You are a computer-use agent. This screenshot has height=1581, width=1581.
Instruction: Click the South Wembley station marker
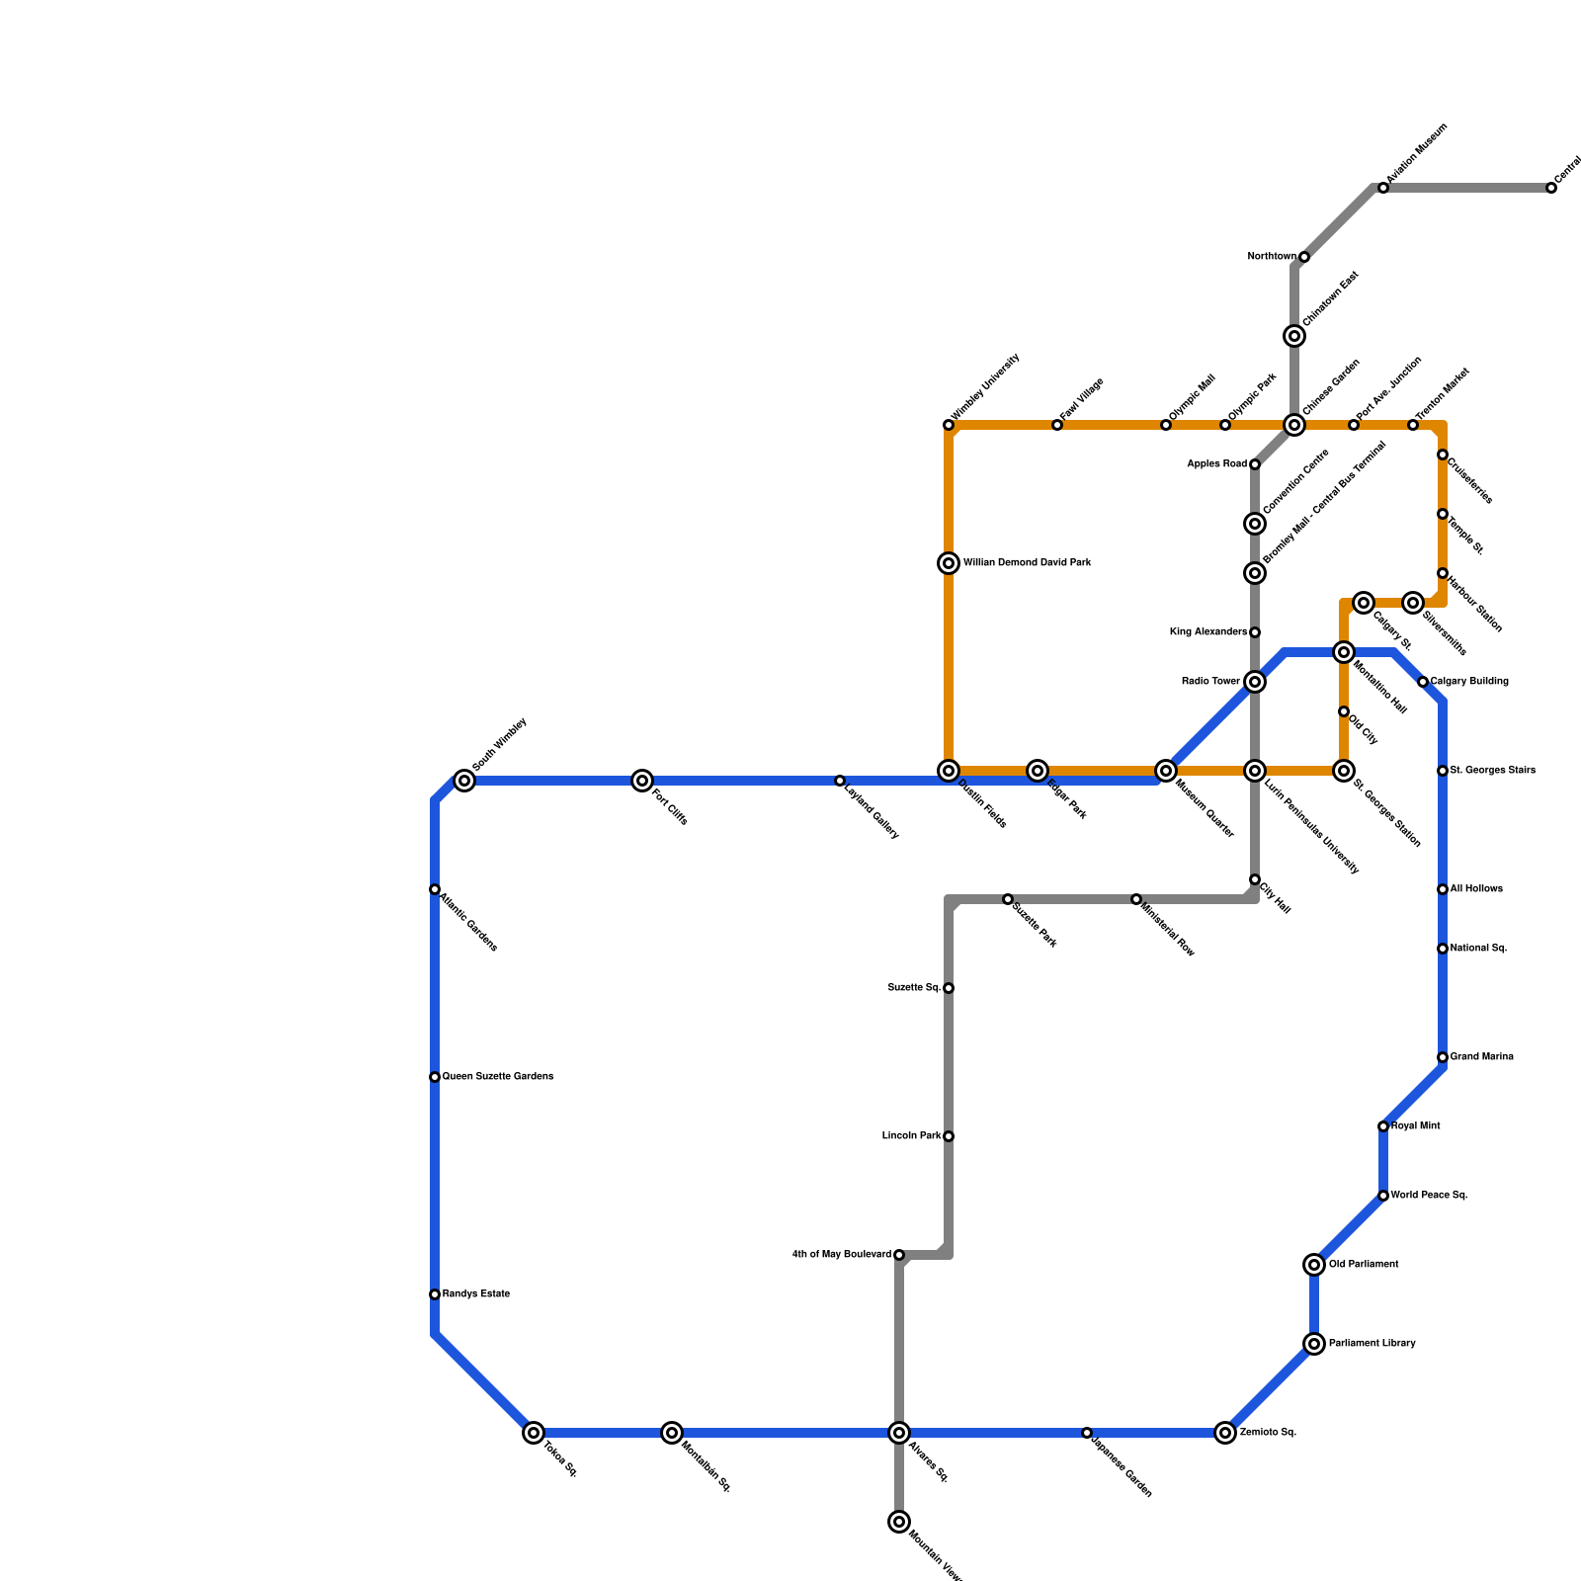[x=464, y=781]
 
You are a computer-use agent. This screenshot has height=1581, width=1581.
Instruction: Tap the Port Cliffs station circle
[x=642, y=781]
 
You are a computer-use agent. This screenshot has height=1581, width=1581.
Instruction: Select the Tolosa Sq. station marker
[x=534, y=1433]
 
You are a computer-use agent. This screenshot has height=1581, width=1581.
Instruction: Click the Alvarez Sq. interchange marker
[x=899, y=1433]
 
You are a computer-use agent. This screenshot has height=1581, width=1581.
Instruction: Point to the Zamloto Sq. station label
[x=1268, y=1433]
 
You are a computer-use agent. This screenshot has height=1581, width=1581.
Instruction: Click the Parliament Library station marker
[x=1314, y=1344]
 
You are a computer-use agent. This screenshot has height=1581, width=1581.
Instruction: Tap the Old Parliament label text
[x=1364, y=1265]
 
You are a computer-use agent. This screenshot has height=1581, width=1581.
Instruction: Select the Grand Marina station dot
[x=1443, y=1057]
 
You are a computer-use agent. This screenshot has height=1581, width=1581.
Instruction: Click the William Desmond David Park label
[x=1028, y=563]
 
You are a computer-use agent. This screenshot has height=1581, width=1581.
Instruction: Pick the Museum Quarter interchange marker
[x=1166, y=771]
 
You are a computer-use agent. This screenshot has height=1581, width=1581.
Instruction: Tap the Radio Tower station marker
[x=1255, y=682]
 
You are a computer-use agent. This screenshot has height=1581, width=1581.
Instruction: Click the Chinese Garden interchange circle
[x=1294, y=425]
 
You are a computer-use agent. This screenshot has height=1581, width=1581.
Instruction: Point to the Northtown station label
[x=1272, y=257]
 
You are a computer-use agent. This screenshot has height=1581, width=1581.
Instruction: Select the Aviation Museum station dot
[x=1383, y=188]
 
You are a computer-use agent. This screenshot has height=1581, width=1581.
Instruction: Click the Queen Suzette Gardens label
[x=497, y=1077]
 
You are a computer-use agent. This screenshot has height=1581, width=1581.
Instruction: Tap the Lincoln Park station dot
[x=949, y=1136]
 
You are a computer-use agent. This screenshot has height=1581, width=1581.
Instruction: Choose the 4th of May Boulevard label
[x=842, y=1255]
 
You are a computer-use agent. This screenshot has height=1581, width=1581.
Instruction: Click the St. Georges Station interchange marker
[x=1344, y=771]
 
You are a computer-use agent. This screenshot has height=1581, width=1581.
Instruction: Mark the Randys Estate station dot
[x=435, y=1294]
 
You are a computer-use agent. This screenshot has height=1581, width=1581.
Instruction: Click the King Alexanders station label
[x=1208, y=632]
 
